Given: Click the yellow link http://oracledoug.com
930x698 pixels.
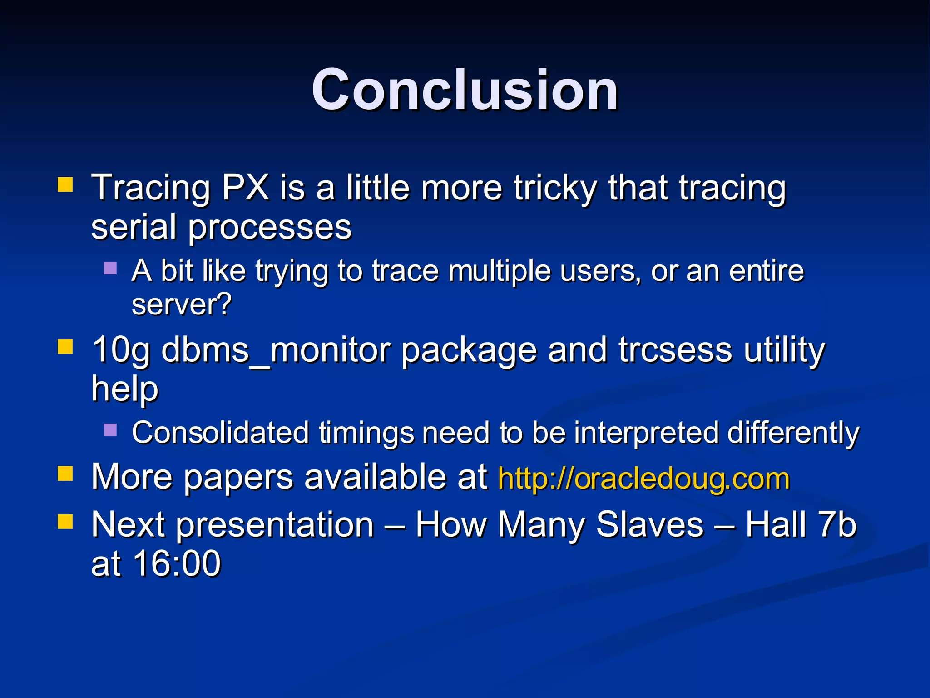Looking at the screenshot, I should tap(644, 479).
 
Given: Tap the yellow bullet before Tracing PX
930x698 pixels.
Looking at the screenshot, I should tap(65, 185).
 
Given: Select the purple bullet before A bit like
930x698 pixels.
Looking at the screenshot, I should tap(110, 268).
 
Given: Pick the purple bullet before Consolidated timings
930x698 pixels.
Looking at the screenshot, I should tap(110, 429).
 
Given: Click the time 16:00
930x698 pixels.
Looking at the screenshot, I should tap(177, 563).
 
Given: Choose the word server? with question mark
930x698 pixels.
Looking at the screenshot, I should tap(182, 304).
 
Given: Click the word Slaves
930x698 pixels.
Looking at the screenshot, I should tap(649, 525).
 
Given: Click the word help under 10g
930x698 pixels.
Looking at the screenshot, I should tap(125, 389).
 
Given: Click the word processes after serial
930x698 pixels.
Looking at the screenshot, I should tap(270, 227).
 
